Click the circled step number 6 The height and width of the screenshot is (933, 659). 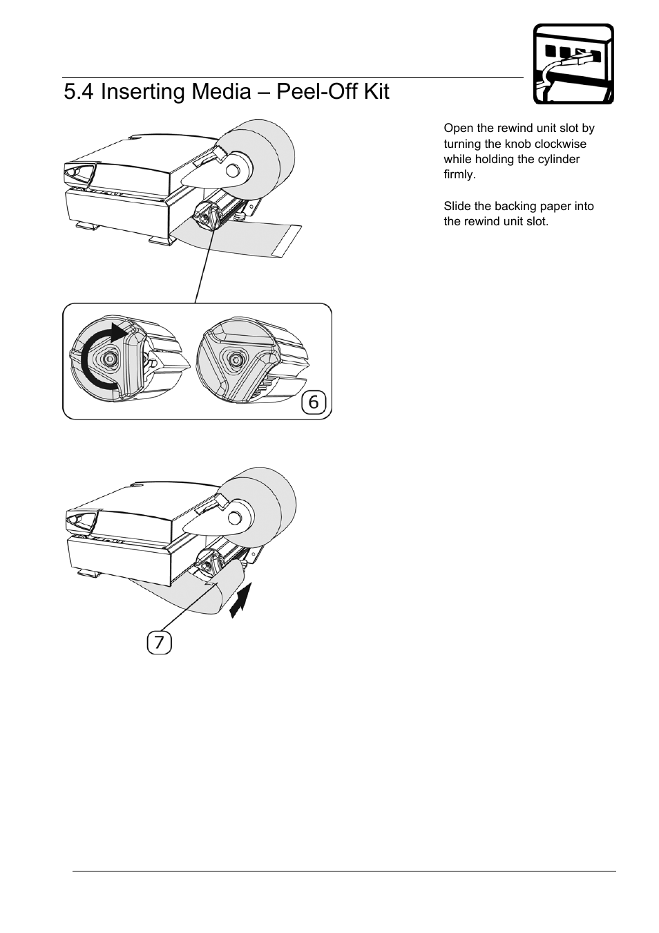tap(314, 402)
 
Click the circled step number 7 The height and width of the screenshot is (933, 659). tap(159, 643)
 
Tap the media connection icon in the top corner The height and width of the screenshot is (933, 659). tap(573, 64)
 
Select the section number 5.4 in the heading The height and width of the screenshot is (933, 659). tap(79, 91)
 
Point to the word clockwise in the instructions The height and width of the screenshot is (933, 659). tap(560, 144)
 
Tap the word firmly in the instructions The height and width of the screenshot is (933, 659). tap(459, 174)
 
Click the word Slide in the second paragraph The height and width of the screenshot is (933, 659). tap(457, 206)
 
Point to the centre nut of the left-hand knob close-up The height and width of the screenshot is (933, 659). tap(108, 358)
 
